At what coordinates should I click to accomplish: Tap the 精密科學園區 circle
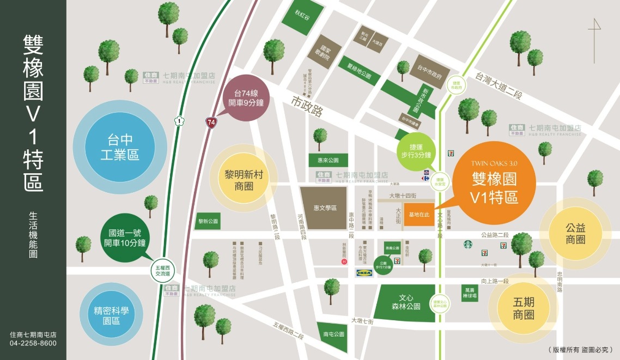111,316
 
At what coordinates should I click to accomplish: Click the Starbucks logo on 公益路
467,245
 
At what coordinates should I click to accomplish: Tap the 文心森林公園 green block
409,302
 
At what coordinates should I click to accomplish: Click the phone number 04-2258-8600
33,343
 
